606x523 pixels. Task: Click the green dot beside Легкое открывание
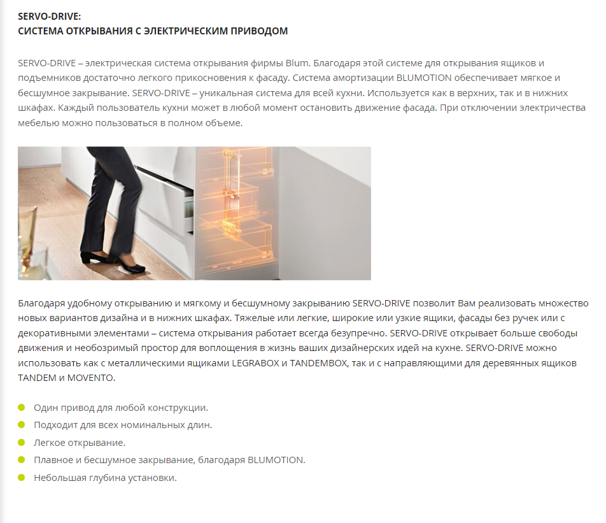[x=22, y=442]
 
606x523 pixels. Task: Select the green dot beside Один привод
[x=22, y=407]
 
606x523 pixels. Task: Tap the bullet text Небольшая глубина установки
[x=105, y=477]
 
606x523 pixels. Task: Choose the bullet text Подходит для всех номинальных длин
[x=123, y=424]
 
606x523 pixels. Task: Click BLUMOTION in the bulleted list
[x=276, y=460]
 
